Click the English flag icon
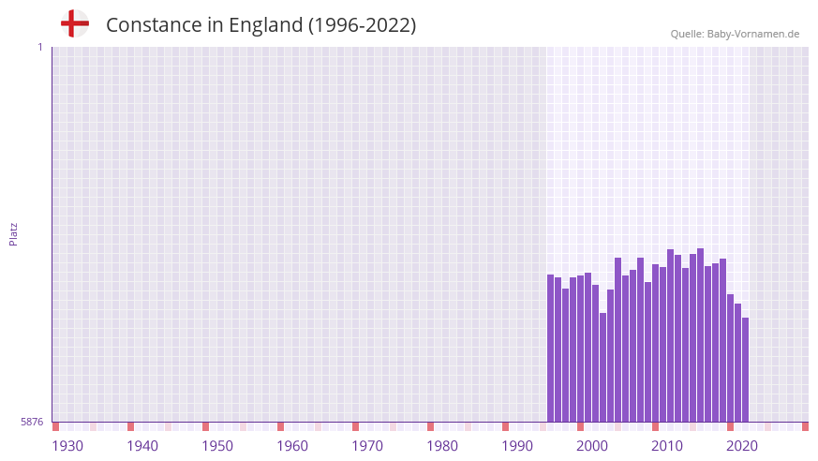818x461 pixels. (75, 23)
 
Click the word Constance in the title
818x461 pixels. (151, 25)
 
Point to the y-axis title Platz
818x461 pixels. (13, 234)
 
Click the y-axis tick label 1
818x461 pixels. (39, 47)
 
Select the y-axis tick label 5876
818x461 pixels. (32, 423)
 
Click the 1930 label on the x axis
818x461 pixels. (67, 446)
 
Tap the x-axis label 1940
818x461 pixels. (142, 446)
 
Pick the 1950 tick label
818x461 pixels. (217, 446)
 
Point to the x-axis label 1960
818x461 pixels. (292, 446)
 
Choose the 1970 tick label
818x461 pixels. (367, 446)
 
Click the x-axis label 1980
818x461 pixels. (442, 446)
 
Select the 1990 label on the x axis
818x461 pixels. (517, 446)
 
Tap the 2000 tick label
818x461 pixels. (592, 446)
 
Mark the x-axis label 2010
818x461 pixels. (667, 446)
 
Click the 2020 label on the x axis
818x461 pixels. (742, 446)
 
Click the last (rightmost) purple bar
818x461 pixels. (745, 370)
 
